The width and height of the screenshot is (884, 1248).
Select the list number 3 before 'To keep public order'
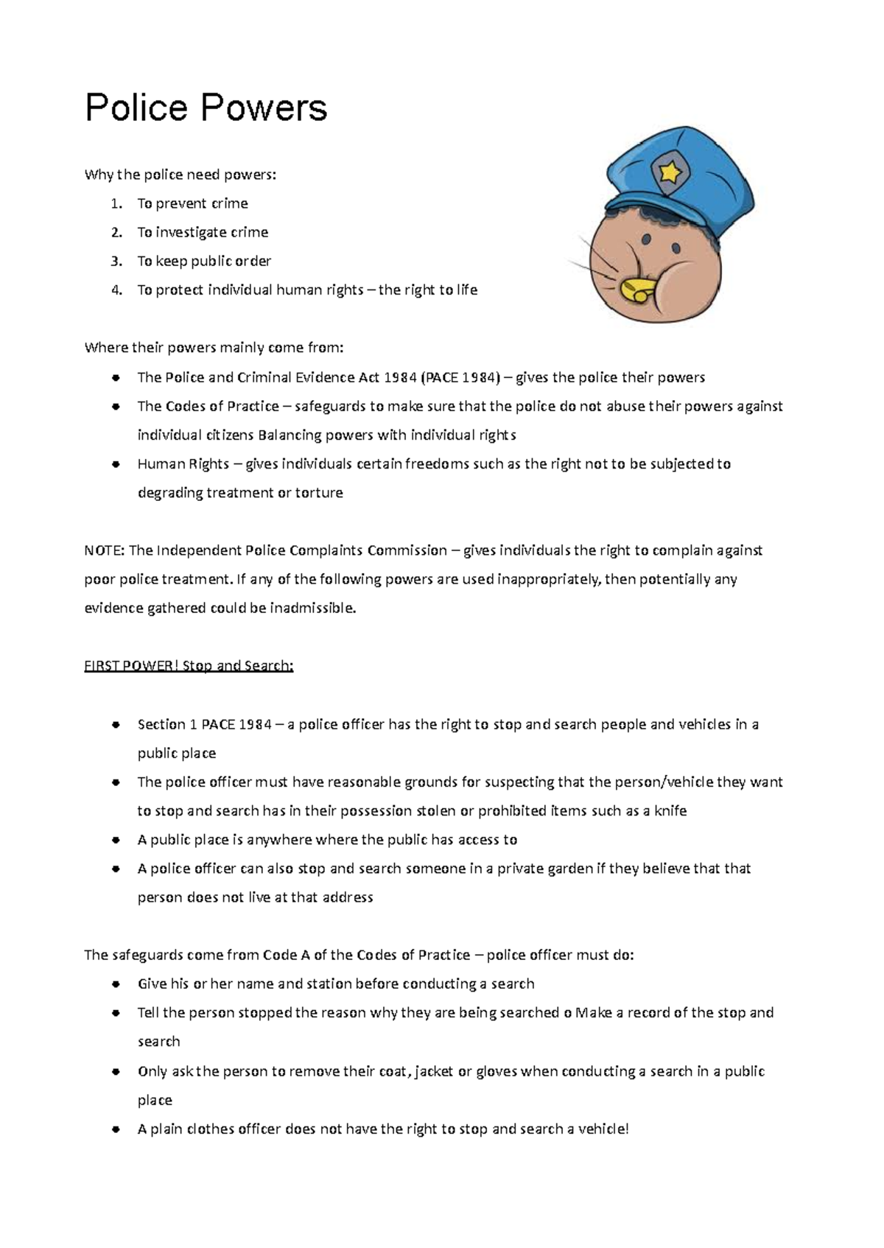click(x=116, y=262)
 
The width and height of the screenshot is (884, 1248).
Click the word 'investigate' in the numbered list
click(x=191, y=233)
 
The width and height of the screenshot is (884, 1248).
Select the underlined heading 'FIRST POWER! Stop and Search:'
click(x=189, y=666)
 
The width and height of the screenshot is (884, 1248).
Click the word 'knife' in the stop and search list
click(x=670, y=811)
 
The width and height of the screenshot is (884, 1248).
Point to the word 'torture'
click(x=319, y=493)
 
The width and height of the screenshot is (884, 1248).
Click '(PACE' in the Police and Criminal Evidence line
click(x=438, y=378)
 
